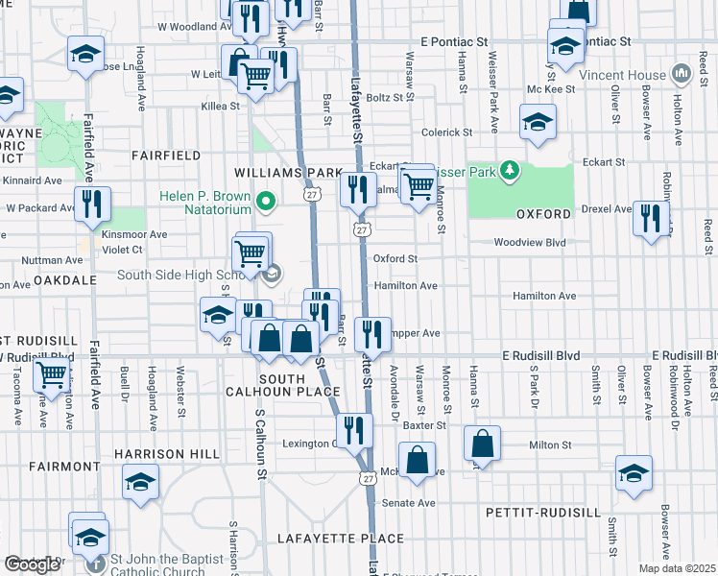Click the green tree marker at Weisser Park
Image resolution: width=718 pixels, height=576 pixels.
[x=511, y=172]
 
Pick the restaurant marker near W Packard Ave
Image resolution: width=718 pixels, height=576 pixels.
[x=93, y=204]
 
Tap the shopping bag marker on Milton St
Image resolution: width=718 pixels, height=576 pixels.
[x=482, y=444]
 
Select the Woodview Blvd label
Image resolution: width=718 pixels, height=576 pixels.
[x=530, y=244]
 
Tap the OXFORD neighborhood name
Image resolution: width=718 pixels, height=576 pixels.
[x=543, y=213]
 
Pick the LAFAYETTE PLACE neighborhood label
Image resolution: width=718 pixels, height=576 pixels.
[x=323, y=539]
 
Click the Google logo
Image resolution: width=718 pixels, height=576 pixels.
[x=33, y=564]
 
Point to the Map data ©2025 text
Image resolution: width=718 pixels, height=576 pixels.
[x=677, y=568]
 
